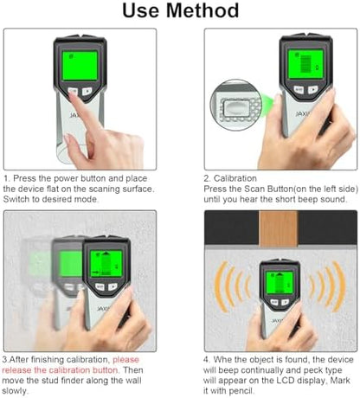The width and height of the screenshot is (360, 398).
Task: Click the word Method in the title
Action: [x=202, y=10]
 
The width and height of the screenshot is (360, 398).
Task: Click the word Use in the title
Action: [x=141, y=10]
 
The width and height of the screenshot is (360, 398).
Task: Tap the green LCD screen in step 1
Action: [x=80, y=66]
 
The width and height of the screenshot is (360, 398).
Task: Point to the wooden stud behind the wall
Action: [x=278, y=229]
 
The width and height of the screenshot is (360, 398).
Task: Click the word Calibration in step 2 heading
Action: [x=235, y=178]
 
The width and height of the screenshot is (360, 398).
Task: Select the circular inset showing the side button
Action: [x=236, y=105]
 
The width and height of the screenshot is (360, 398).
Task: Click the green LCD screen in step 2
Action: [x=305, y=64]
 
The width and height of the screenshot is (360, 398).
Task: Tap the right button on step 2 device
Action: [x=312, y=90]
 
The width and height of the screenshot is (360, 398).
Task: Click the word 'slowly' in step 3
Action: [x=15, y=391]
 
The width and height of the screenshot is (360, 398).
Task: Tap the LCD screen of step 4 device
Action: [x=280, y=283]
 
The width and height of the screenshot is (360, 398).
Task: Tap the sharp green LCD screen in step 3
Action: [x=106, y=264]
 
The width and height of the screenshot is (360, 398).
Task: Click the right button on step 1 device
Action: [x=87, y=92]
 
